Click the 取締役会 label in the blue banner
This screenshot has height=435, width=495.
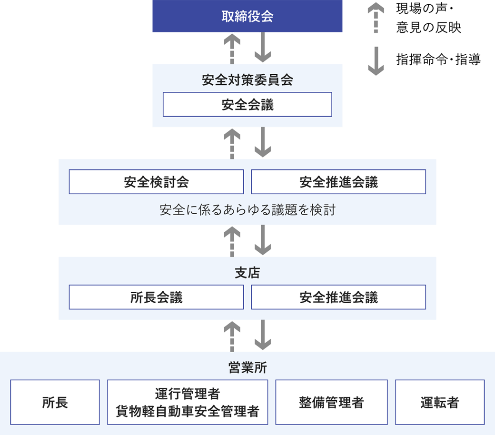point(247,17)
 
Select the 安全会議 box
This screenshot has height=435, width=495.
point(247,105)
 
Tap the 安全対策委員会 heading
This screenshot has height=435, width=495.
point(247,80)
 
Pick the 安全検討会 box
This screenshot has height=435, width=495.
point(156,182)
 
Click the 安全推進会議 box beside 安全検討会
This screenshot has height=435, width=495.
point(338,182)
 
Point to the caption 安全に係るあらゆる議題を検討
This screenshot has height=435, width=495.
point(247,210)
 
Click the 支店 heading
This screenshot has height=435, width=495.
point(247,273)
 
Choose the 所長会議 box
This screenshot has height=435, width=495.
point(156,297)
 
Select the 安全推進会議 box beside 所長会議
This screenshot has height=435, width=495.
point(338,297)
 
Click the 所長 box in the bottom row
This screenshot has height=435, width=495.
point(55,402)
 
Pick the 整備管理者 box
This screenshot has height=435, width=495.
point(331,402)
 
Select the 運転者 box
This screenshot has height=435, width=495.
point(440,402)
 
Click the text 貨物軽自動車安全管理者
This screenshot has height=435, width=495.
point(188,411)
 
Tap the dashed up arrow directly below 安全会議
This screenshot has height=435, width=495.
point(232,143)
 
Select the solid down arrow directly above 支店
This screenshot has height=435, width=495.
point(263,240)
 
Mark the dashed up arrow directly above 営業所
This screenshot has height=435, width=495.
point(232,336)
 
